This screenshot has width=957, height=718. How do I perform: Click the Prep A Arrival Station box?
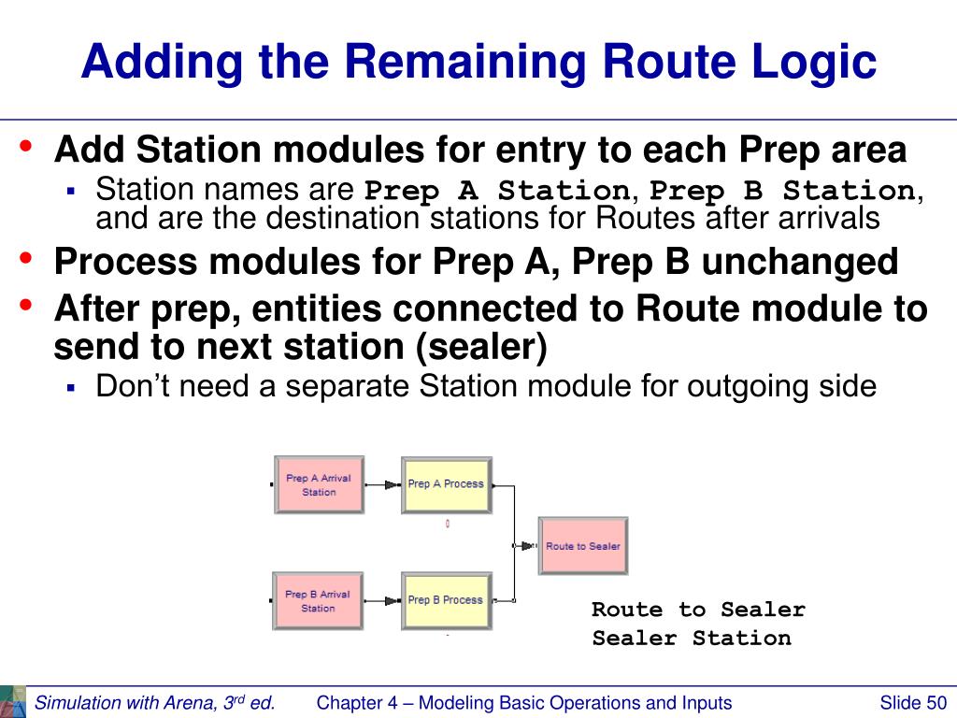tap(320, 485)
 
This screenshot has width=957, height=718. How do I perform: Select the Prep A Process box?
tap(446, 485)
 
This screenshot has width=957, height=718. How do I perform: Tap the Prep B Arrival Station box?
tap(318, 601)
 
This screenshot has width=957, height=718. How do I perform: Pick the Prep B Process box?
tap(446, 601)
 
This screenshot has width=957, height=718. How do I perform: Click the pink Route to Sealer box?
tap(583, 546)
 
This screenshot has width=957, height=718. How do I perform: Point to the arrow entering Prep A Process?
tap(383, 485)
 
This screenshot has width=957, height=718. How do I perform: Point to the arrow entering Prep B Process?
tap(382, 601)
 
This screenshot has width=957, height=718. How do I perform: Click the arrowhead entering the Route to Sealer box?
tap(527, 546)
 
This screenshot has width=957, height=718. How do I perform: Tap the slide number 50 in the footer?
tap(936, 703)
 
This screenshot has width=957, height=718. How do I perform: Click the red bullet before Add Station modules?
tap(25, 146)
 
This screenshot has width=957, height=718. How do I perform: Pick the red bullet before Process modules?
tap(25, 258)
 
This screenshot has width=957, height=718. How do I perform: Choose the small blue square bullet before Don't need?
tap(71, 387)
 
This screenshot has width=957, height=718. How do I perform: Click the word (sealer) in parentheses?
tap(481, 347)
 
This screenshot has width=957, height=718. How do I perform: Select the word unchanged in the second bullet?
tap(800, 262)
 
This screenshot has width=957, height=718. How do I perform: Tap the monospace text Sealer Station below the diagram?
tap(692, 639)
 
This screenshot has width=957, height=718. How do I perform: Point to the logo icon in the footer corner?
tap(13, 702)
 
